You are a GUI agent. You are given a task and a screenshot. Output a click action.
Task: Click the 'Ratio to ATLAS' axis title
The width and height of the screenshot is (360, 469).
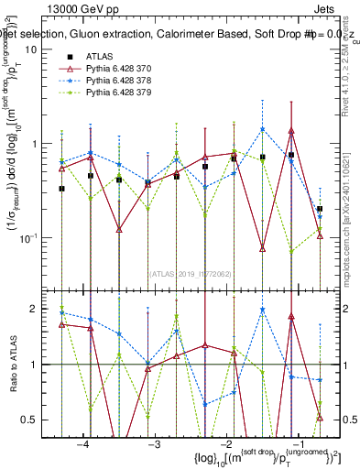point(12,364)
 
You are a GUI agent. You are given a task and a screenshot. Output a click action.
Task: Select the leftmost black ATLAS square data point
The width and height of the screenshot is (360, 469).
point(61,189)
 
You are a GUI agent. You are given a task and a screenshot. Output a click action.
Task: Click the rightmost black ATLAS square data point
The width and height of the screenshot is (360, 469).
point(320,209)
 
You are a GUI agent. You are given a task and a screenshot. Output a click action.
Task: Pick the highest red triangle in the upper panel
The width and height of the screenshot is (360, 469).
point(291,131)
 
